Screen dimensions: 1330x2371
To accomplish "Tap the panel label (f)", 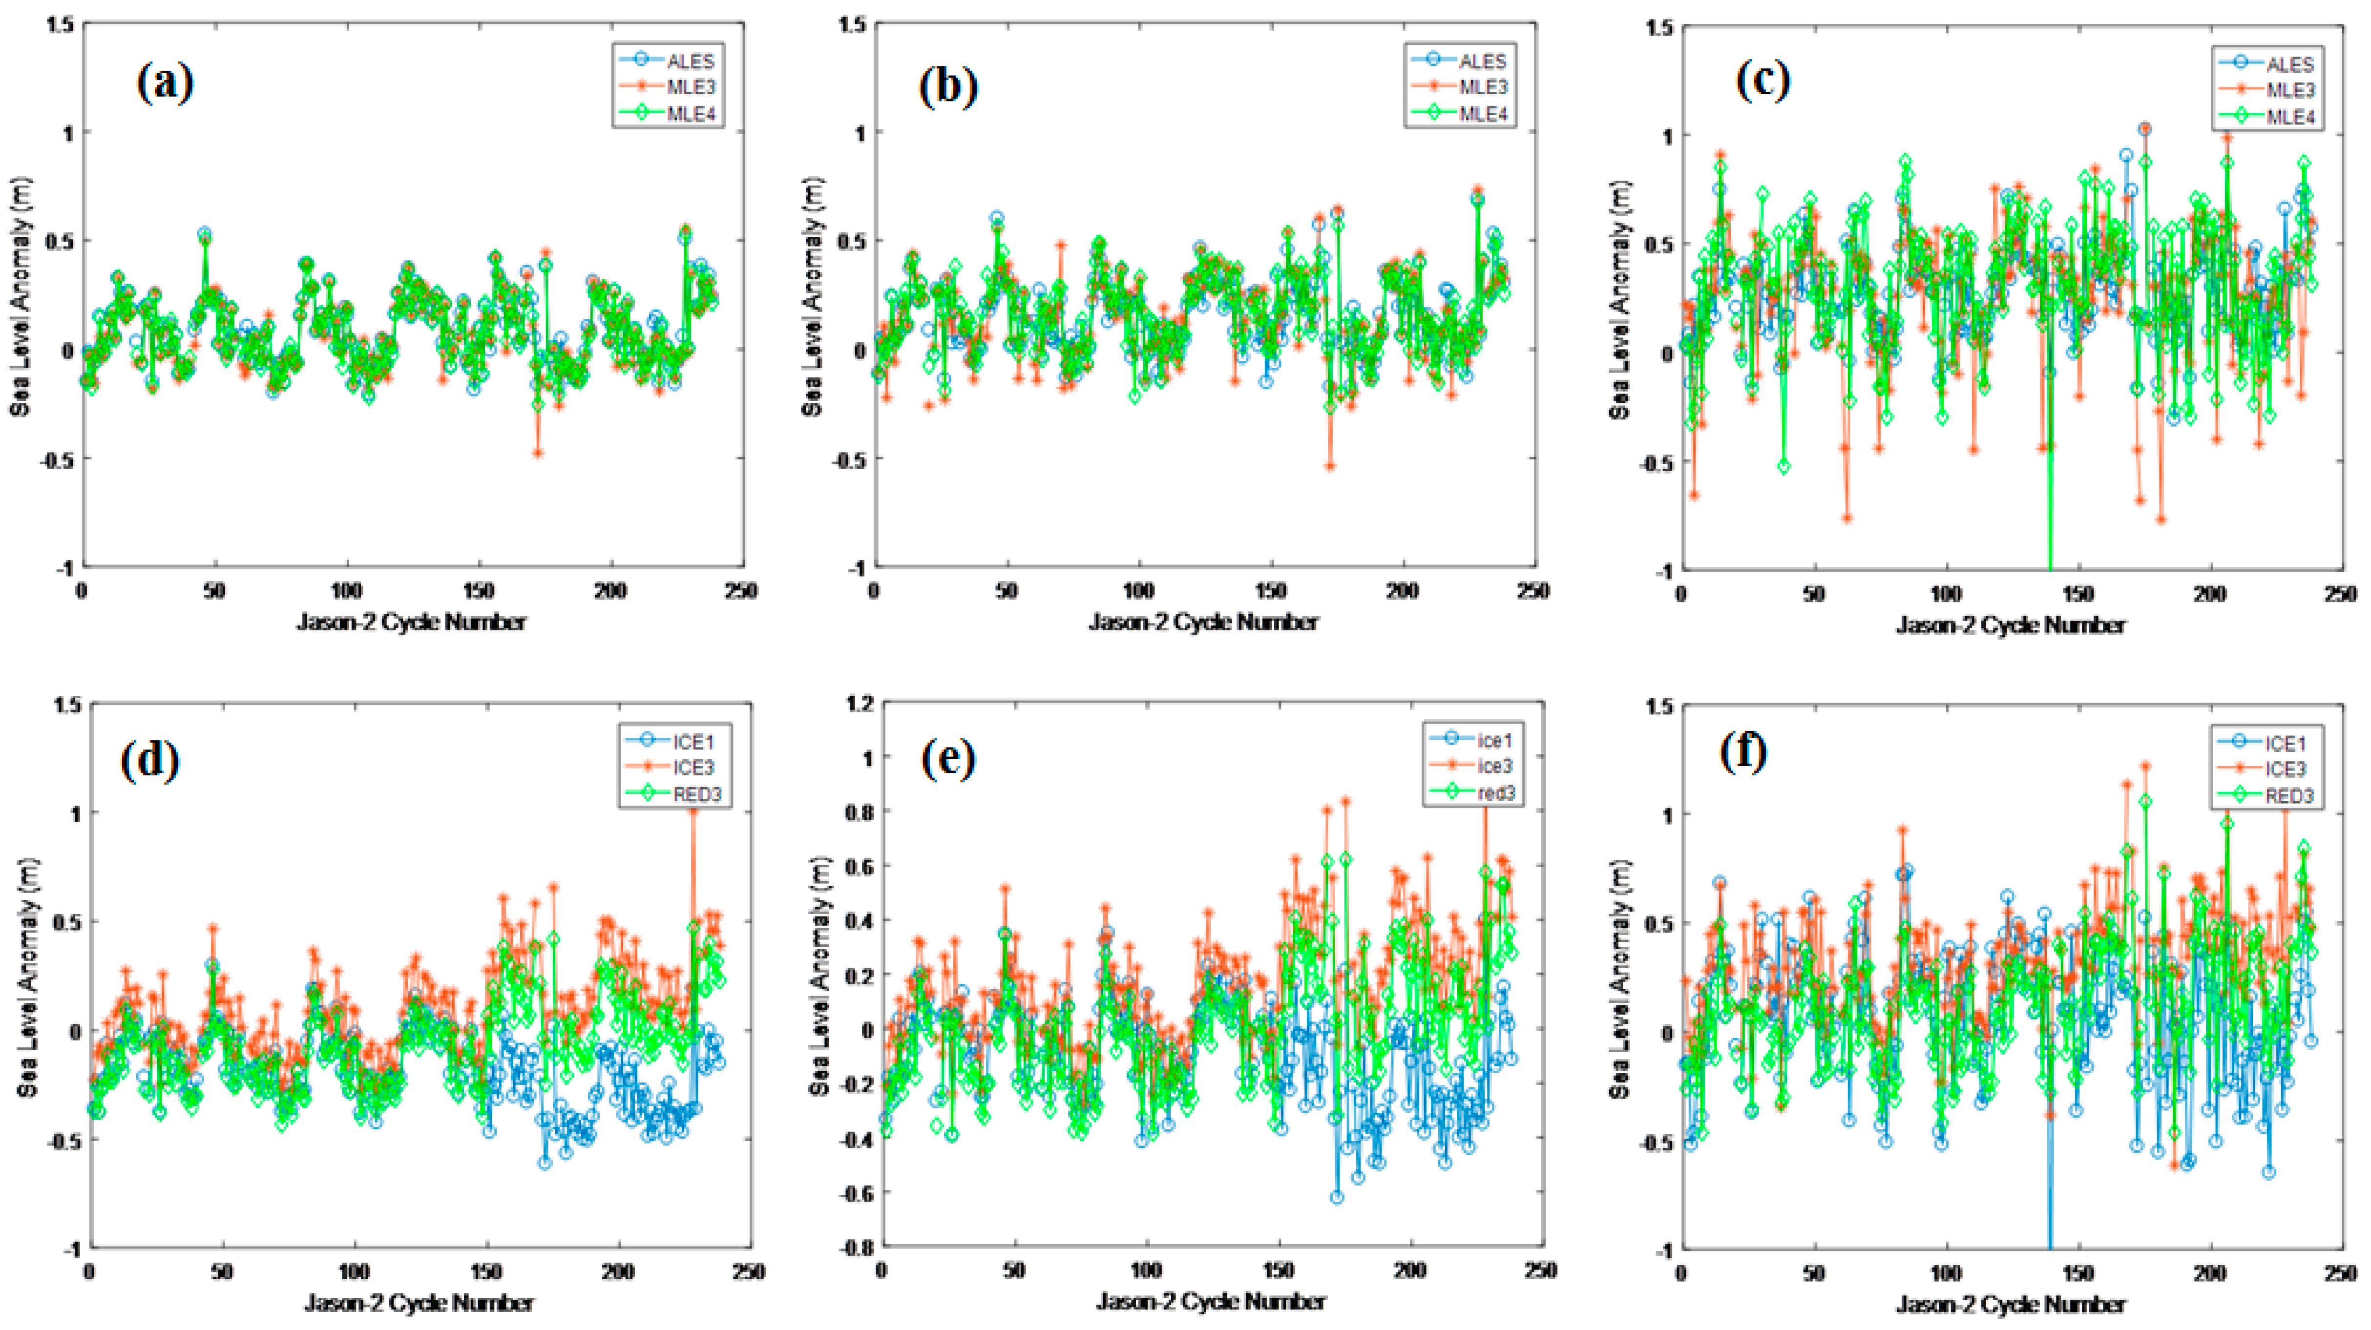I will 1743,752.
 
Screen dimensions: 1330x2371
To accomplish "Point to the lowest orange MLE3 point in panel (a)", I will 538,453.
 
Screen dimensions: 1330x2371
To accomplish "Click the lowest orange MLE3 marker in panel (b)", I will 1329,466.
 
